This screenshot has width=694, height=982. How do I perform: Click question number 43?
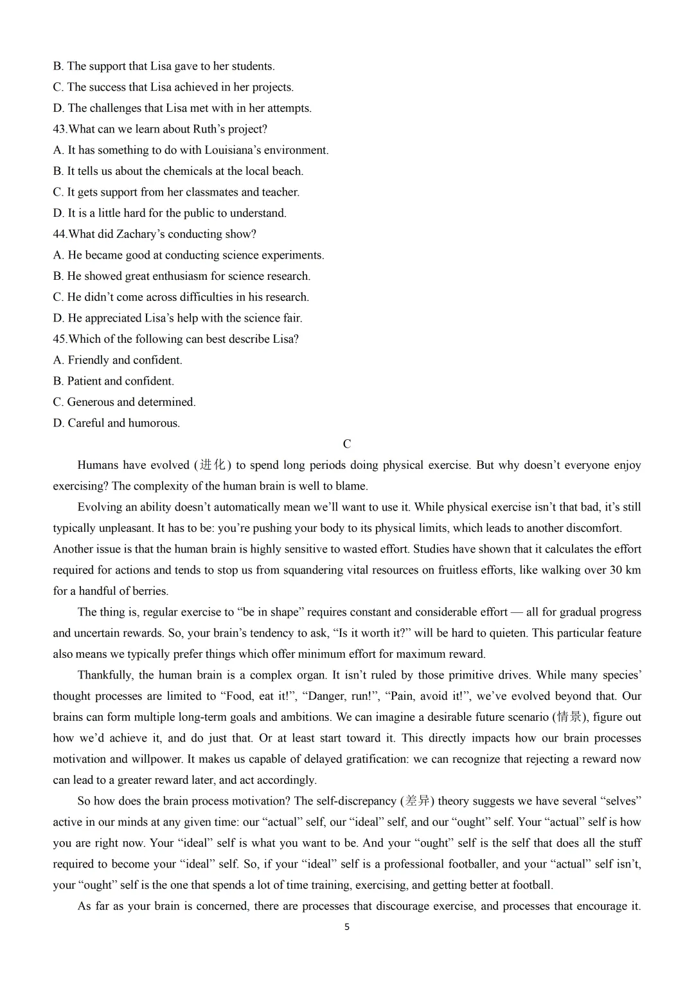pos(60,129)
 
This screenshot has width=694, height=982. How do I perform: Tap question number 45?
pos(60,339)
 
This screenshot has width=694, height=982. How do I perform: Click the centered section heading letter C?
pos(347,444)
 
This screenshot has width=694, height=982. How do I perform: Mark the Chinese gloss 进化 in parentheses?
pos(213,465)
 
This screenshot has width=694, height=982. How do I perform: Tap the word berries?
pos(148,591)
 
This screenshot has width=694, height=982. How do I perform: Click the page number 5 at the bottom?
pos(347,927)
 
